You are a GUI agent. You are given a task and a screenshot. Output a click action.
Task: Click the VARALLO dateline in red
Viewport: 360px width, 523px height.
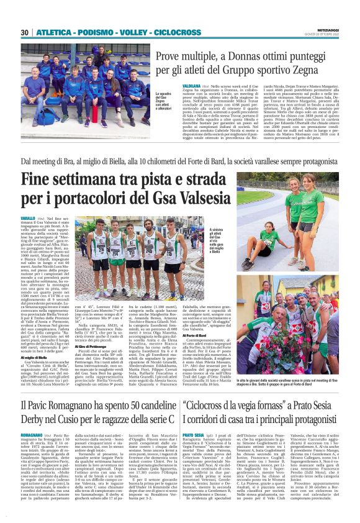click(x=28, y=219)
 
